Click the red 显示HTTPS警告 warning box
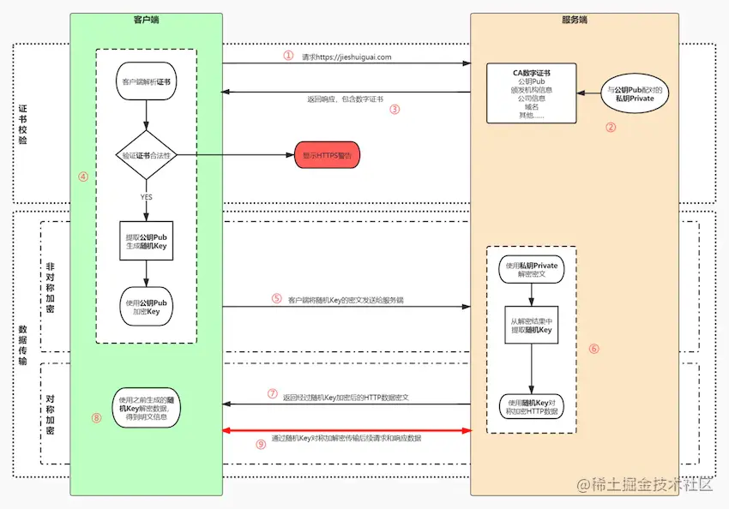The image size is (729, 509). pos(327,155)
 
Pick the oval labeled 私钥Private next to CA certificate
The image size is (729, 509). pos(634,93)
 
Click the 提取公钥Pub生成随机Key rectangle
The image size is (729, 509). pos(146,243)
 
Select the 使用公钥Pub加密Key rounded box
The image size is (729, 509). pos(146,307)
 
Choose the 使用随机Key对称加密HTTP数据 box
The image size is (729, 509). pos(532,406)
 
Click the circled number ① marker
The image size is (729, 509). pos(288,55)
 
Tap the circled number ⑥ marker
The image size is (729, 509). pos(594,349)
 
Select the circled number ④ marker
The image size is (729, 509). pos(83,177)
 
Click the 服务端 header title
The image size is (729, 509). pos(574,19)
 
